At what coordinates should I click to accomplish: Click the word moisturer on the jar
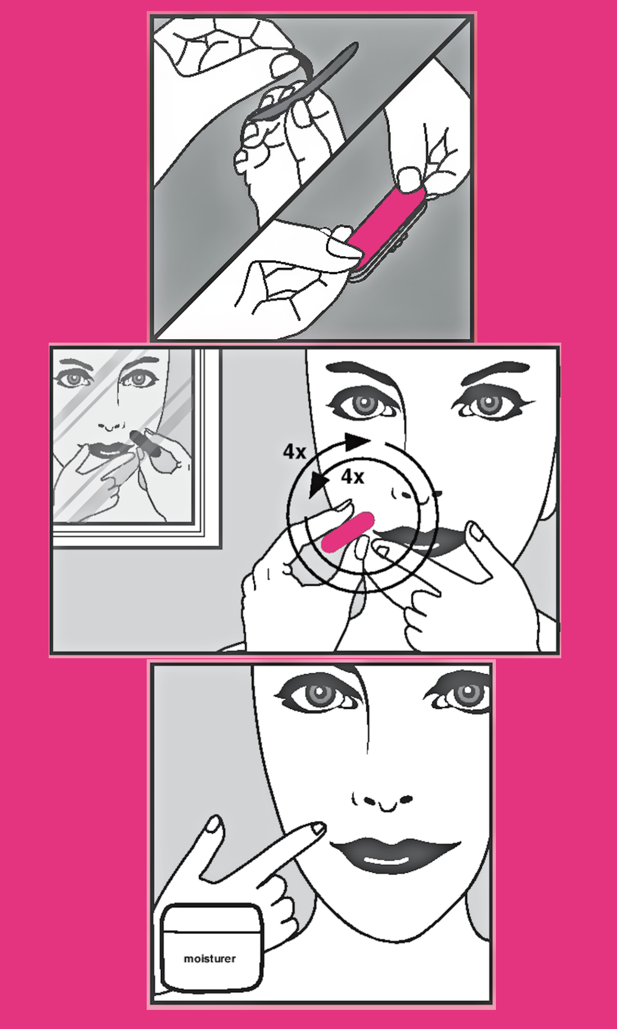tap(210, 959)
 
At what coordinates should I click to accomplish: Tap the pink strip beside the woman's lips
tap(348, 531)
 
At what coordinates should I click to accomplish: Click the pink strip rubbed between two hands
tap(386, 221)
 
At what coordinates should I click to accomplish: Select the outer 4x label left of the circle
tap(295, 452)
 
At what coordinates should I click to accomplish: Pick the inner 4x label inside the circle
tap(352, 477)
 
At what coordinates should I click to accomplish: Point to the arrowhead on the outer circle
tap(357, 442)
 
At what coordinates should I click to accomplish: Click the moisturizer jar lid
tap(211, 918)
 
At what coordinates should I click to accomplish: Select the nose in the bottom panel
tap(382, 800)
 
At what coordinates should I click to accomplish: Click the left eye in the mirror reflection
tap(74, 379)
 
